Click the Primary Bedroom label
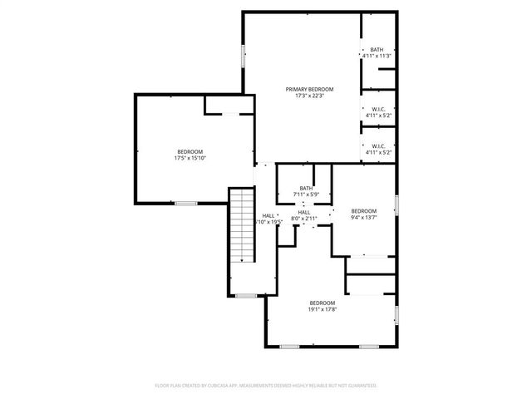(309, 89)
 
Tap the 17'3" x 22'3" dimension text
(309, 96)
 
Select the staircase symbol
(242, 225)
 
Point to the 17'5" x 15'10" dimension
(190, 158)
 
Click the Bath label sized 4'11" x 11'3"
(377, 49)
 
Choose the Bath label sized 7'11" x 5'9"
(306, 189)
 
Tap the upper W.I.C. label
(378, 109)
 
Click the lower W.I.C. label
(378, 146)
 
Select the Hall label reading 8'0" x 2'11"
(304, 213)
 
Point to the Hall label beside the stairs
(268, 215)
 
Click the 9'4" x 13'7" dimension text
(363, 218)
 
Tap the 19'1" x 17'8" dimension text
(323, 309)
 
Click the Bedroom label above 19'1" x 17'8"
(323, 303)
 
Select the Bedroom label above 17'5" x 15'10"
(190, 151)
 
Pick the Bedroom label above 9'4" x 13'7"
(363, 211)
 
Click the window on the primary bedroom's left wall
(243, 55)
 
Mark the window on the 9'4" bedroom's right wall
(397, 204)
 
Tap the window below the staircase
(245, 295)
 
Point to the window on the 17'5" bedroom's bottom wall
(185, 203)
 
